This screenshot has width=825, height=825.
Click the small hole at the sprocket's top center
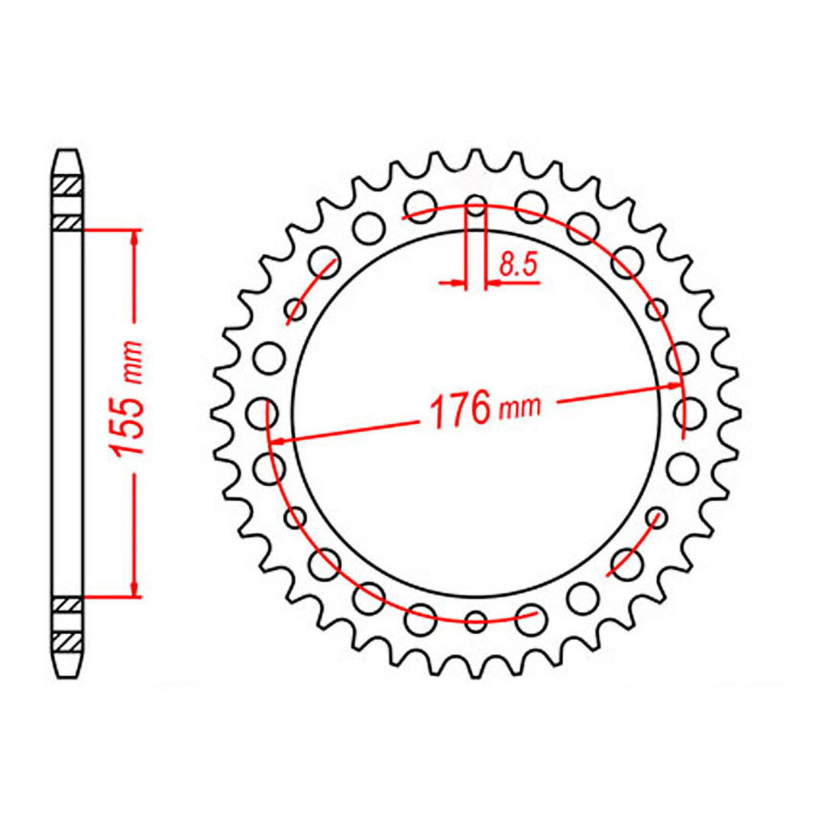(x=476, y=205)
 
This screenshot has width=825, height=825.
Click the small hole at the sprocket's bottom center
(x=476, y=621)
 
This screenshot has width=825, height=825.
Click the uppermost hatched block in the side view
(x=67, y=186)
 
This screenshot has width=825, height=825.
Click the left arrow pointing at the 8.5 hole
(x=458, y=283)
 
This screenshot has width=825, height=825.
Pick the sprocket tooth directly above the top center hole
(x=476, y=164)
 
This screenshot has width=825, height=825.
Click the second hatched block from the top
(x=67, y=222)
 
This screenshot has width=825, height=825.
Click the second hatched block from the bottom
(x=67, y=603)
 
